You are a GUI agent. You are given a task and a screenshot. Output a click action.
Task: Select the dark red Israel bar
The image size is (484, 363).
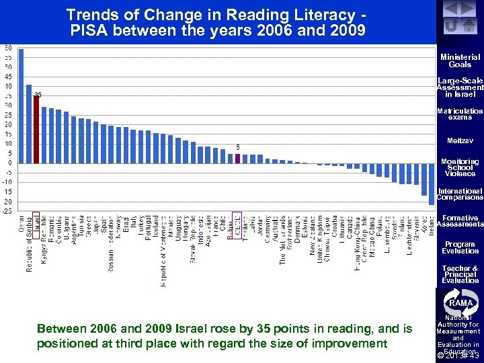tap(36, 129)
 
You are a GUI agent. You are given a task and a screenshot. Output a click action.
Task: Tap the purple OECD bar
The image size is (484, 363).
tap(237, 158)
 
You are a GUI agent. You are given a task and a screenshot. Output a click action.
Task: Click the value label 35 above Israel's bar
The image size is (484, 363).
tap(38, 94)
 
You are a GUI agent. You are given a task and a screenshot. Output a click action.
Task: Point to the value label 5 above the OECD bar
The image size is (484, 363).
tap(237, 147)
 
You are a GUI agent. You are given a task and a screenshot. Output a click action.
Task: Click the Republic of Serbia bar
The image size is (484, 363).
tap(29, 124)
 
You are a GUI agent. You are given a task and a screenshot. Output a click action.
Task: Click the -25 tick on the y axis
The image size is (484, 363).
tap(6, 211)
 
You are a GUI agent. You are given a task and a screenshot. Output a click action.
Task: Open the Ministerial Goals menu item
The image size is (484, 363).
tap(460, 61)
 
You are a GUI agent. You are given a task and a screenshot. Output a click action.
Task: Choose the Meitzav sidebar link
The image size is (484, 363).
tap(460, 141)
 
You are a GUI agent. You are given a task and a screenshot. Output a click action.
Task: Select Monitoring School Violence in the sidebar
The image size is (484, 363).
tap(460, 167)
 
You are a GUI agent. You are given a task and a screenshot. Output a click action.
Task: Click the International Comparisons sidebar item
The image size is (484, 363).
tap(460, 194)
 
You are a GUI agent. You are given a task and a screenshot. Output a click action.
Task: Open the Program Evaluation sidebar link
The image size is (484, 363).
tap(460, 247)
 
